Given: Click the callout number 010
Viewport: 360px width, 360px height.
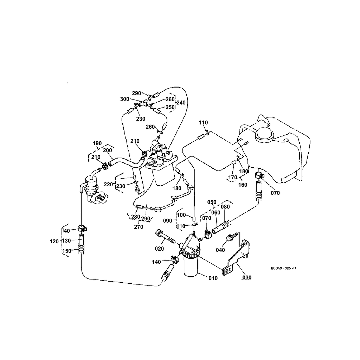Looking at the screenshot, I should point(213,278).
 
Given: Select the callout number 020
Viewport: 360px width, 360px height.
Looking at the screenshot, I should point(159,249).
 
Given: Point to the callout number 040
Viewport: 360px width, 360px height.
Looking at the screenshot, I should point(220,250).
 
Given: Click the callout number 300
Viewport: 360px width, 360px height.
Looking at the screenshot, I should point(125,99).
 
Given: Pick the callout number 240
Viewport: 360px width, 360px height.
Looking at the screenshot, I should point(181,103).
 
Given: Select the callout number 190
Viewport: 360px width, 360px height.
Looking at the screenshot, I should point(97,143).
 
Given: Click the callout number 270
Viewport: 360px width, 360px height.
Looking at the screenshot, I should point(139,227).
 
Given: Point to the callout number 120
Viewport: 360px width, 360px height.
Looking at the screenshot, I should point(54,241).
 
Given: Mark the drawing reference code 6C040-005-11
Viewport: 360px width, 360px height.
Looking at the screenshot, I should point(284,268).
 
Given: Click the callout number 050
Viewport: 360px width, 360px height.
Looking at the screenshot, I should point(212,202).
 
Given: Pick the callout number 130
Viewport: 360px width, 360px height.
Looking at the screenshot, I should point(66,241).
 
